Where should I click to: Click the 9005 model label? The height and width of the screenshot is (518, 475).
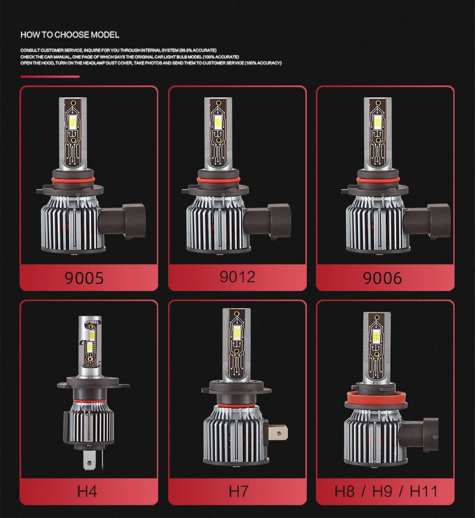[84, 278]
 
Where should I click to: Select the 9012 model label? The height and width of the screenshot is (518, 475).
[237, 276]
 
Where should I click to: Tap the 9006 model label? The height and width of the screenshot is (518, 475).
[382, 278]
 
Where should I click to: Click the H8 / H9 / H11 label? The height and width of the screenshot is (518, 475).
[385, 491]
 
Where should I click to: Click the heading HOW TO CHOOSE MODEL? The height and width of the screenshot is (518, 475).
[70, 35]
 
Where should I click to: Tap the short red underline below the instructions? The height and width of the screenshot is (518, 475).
[50, 76]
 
